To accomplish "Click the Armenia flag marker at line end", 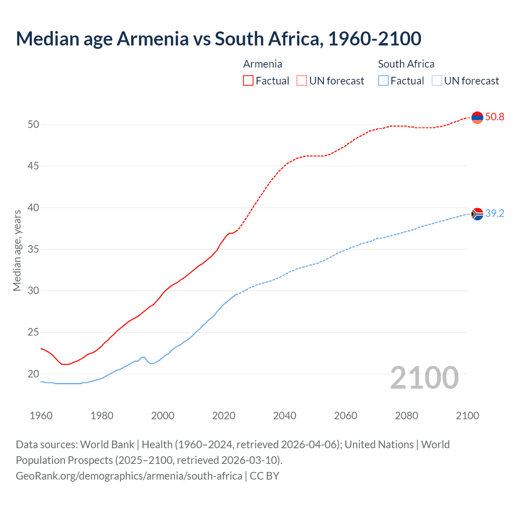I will pos(477,117).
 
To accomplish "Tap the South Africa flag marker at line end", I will pos(477,214).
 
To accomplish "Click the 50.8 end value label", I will pos(494,117).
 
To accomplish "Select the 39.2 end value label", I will pos(494,214).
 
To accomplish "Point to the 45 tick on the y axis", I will pos(33,166).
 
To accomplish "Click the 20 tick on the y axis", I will pos(33,374).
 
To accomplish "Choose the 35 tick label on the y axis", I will pos(33,249).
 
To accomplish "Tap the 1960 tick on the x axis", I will pos(41,416).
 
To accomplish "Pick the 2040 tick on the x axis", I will pos(284,416).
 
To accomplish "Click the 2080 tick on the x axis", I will pos(406,416).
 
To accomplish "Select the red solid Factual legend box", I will pos(248,81).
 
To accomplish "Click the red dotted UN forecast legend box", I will pos(302,81).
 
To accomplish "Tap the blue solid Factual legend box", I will pos(383,81).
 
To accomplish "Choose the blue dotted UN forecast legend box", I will pos(437,81).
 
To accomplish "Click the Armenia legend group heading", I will pos(263,64).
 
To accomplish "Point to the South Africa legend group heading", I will pos(406,64).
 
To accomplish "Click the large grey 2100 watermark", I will pos(424,378).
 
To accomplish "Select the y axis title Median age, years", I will pos(17,250).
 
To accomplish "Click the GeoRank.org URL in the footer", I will pos(129,476).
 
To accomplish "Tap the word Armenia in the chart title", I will pos(152,39).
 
